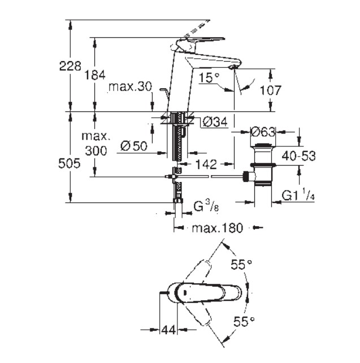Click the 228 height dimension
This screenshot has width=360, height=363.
point(70,66)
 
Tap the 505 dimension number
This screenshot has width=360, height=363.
point(70,162)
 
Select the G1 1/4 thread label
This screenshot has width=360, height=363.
point(297,196)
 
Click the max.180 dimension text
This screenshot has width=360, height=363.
point(216,228)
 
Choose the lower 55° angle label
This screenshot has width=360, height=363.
point(242,323)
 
